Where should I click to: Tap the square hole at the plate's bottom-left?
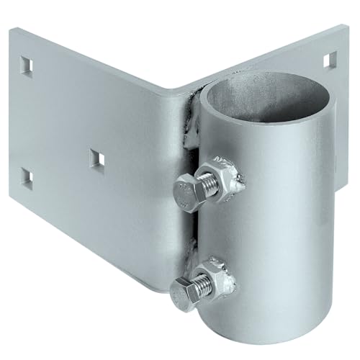(x=27, y=177)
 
